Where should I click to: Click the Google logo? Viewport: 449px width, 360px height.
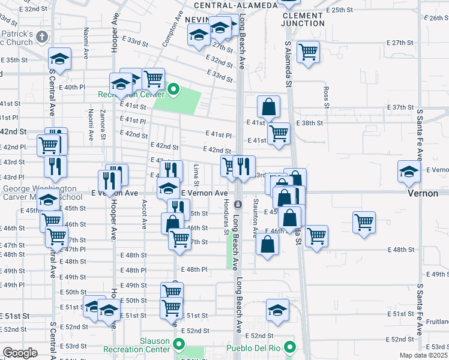pos(20,353)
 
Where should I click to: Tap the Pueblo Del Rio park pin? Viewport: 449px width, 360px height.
pos(290,347)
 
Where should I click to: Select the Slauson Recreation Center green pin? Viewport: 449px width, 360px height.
pos(178,344)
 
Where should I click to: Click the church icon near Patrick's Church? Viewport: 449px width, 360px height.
pos(41,37)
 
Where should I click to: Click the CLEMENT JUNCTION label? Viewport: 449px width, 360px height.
pos(303,19)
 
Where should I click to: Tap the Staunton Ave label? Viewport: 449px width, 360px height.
pos(255,215)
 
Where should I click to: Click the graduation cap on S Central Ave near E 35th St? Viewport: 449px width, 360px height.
pos(59,58)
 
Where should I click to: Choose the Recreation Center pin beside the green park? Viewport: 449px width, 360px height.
pos(173,91)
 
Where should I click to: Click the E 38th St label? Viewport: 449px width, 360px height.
pos(312,123)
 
